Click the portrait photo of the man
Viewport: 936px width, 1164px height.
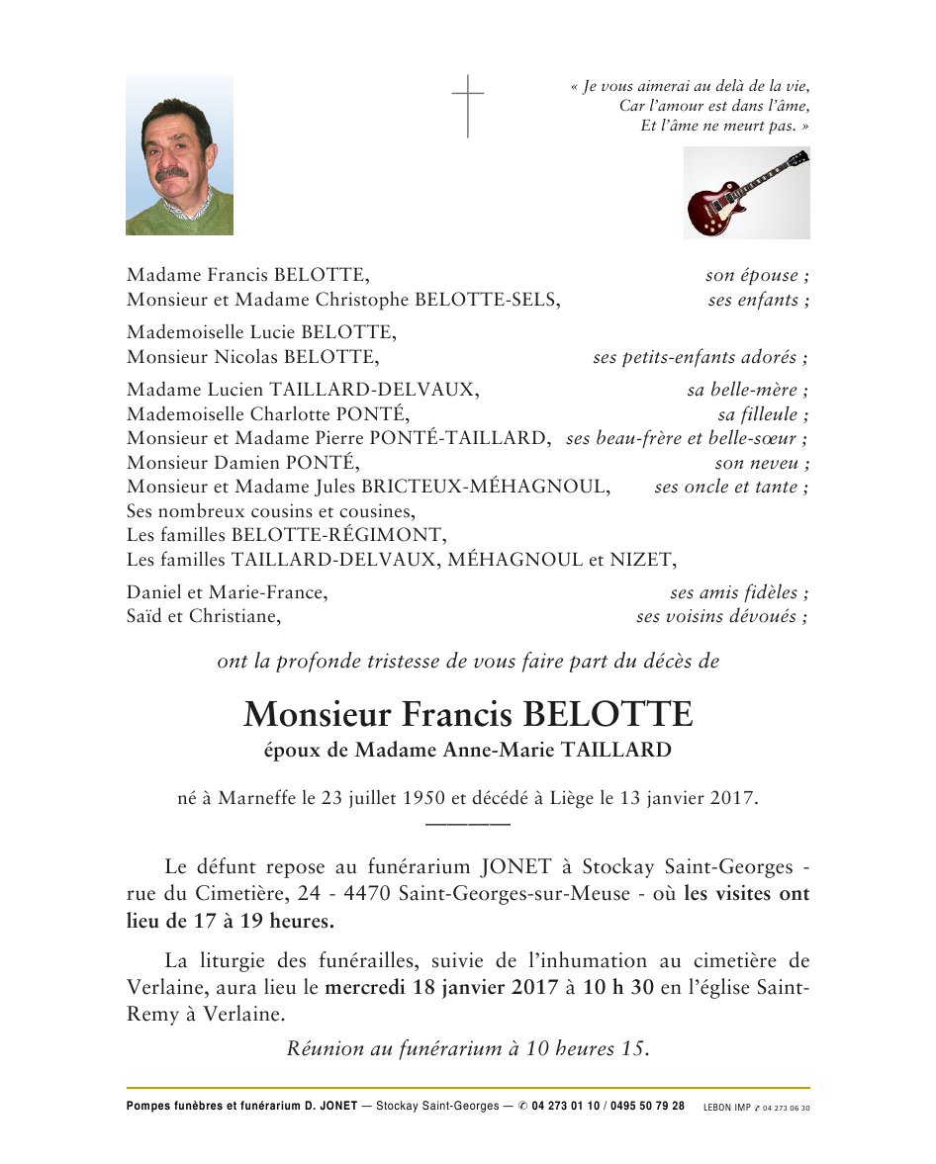(179, 155)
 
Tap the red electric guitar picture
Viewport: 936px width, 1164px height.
(746, 193)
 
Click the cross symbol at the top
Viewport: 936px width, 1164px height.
(468, 106)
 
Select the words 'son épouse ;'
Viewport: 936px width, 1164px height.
(757, 276)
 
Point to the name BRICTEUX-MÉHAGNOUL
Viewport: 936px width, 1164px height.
(505, 487)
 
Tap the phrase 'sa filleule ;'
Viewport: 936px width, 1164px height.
(763, 414)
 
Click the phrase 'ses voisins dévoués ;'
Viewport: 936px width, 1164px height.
(721, 617)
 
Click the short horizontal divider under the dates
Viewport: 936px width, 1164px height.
(467, 824)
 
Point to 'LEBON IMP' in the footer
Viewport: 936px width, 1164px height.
(726, 1108)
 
